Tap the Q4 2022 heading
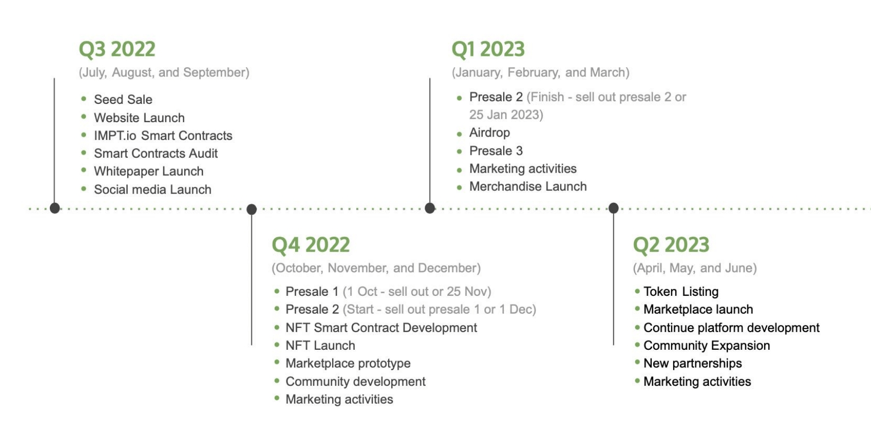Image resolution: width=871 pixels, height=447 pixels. [x=311, y=245]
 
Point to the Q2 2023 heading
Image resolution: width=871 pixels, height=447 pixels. [x=671, y=245]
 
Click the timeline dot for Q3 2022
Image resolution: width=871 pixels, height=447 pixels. [x=55, y=208]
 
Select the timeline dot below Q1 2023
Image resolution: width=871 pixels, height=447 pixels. [x=430, y=208]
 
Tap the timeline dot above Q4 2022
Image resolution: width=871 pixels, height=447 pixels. [x=251, y=209]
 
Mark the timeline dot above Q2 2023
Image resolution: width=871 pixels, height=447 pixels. [x=614, y=208]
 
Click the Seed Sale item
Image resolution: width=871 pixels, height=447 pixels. [x=123, y=100]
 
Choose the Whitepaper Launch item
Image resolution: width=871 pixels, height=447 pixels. [x=149, y=172]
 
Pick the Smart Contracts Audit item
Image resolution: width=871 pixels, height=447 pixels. [x=156, y=154]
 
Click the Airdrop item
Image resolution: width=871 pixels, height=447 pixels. [x=489, y=133]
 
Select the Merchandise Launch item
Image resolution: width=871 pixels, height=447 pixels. [x=528, y=187]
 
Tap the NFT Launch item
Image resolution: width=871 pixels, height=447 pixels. [x=320, y=346]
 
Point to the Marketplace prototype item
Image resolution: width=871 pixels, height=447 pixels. [x=348, y=364]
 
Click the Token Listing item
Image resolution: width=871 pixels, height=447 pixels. [x=681, y=292]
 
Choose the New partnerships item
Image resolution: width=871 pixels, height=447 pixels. [x=692, y=364]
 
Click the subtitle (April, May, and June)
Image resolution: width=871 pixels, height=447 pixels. [x=695, y=268]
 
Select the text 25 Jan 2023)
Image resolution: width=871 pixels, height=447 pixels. [x=506, y=115]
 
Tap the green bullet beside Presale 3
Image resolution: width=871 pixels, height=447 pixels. [x=459, y=151]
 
